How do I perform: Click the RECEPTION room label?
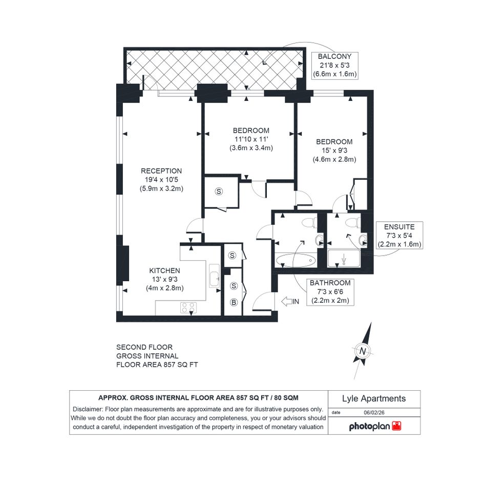161,171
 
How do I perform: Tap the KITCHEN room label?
164,271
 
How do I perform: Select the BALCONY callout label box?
335,66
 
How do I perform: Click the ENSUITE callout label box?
399,236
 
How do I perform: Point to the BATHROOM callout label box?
330,292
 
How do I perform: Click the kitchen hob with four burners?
188,307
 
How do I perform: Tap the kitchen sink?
214,276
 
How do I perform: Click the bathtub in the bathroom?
296,261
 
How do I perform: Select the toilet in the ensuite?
352,222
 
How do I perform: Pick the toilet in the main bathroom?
309,223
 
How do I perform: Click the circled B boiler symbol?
234,303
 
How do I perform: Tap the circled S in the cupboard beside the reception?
219,192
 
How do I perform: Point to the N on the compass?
363,351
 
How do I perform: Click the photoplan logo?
375,427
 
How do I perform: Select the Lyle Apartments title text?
374,398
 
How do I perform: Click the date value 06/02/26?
374,412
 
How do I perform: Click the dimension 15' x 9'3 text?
334,151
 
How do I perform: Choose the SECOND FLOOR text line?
144,347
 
